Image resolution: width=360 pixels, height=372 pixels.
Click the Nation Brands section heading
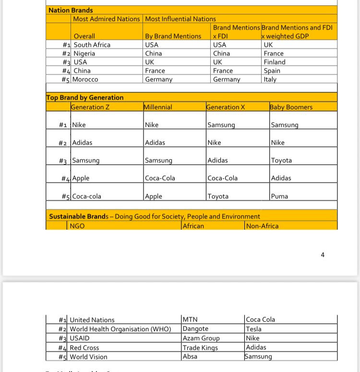[71, 10]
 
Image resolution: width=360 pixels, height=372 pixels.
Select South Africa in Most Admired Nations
[92, 45]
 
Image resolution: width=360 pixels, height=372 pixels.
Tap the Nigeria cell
[84, 53]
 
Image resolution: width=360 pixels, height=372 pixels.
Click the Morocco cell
[85, 79]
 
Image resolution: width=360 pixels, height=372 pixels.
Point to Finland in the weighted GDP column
[275, 62]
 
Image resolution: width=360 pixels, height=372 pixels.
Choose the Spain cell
[272, 70]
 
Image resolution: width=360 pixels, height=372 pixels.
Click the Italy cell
[270, 79]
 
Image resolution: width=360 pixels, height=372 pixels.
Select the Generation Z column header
[90, 107]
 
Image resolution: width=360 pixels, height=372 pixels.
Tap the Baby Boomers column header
[291, 107]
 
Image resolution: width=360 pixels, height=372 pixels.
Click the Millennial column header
[158, 107]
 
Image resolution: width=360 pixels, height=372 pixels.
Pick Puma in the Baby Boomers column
[279, 196]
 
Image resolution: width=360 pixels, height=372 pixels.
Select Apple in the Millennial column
[154, 196]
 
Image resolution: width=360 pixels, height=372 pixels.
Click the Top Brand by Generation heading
[85, 97]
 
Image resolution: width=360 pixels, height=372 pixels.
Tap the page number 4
[323, 255]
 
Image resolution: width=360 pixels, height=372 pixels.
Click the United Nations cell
[92, 320]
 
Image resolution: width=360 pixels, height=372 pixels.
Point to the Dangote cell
[196, 329]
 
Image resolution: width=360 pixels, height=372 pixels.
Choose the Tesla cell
[254, 329]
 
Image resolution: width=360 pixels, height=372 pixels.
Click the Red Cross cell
[84, 348]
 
